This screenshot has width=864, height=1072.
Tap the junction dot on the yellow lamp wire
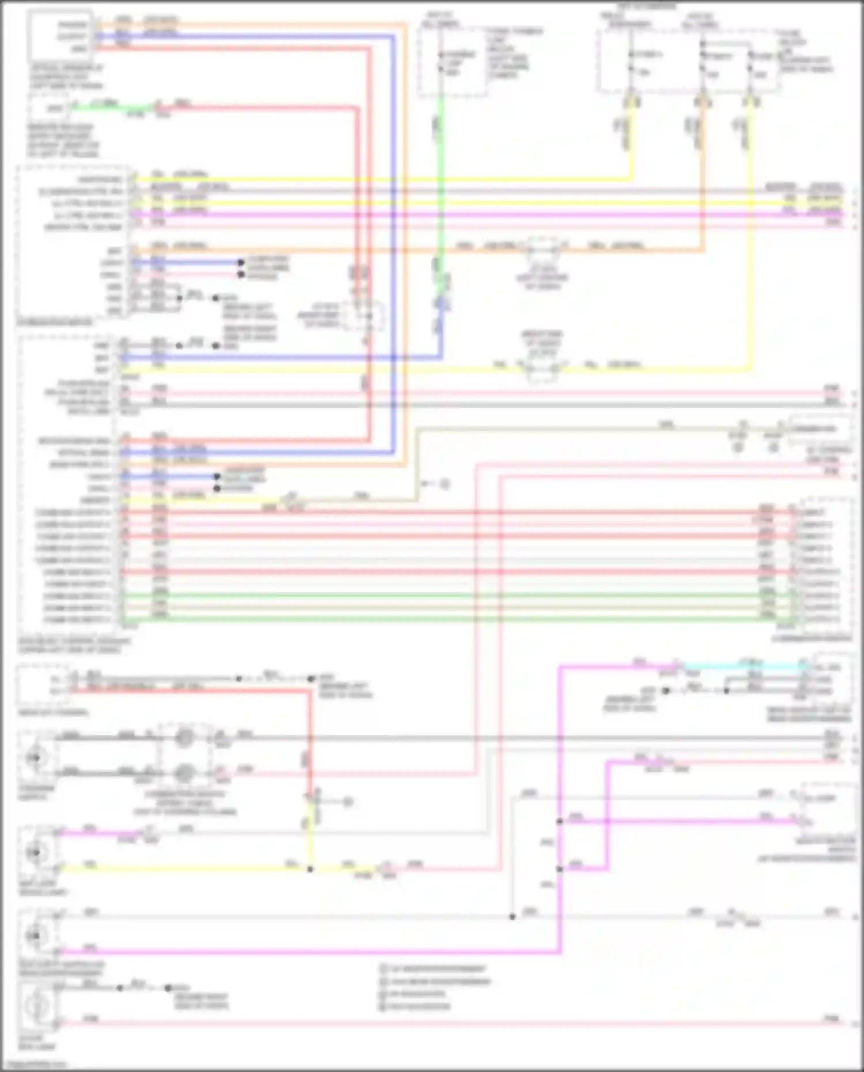310,869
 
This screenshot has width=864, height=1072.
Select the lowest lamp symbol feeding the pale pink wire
38,1005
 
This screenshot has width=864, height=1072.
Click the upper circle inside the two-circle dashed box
184,737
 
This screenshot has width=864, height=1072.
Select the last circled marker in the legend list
383,1006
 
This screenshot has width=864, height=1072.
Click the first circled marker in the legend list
383,969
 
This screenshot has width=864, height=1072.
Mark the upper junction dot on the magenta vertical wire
559,821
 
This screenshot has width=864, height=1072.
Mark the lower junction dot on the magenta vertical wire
559,869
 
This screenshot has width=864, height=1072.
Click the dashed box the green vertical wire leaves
452,60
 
